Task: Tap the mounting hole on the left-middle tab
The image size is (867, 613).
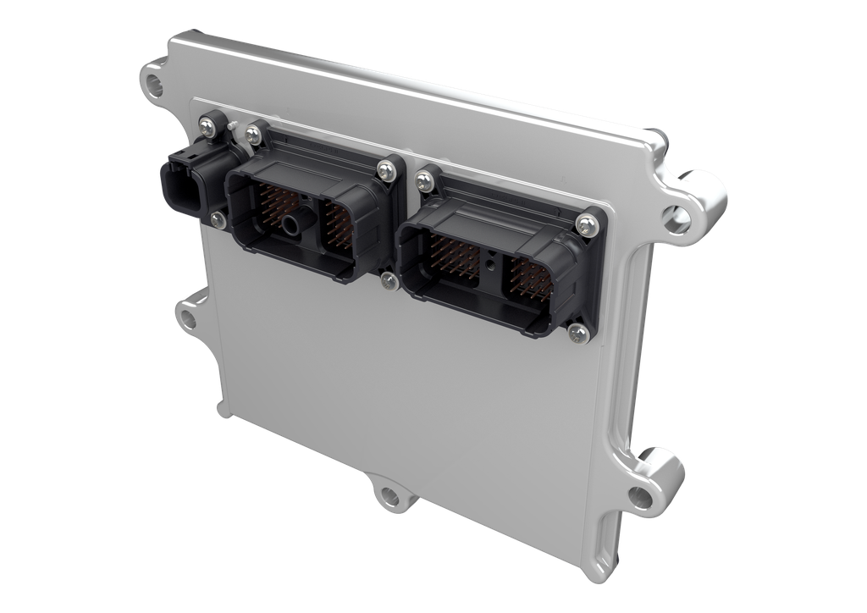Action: pos(186,320)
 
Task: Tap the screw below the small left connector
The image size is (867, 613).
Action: pos(218,220)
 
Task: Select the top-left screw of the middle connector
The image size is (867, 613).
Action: pos(251,133)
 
